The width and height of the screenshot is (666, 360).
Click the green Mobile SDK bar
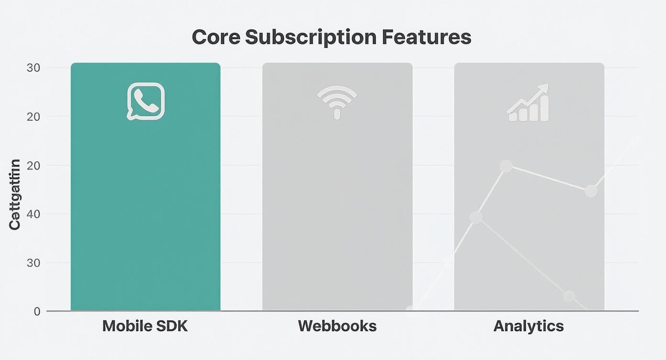click(x=145, y=201)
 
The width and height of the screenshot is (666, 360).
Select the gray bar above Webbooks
click(x=337, y=201)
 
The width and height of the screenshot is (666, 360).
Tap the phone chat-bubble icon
click(x=145, y=101)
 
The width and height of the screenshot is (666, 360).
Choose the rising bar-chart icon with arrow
click(x=528, y=103)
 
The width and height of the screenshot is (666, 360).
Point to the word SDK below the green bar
click(x=172, y=326)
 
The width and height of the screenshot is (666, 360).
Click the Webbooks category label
click(x=337, y=326)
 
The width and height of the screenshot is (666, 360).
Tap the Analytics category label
click(x=529, y=326)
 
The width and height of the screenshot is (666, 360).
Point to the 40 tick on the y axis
click(x=33, y=214)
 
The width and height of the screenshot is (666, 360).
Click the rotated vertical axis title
click(x=15, y=194)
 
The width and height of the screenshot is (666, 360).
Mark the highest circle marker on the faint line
click(x=506, y=166)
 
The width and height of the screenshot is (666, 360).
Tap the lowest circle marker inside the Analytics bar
click(x=569, y=296)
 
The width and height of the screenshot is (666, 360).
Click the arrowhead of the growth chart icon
click(x=544, y=88)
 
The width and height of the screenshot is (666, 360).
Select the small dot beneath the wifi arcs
click(x=337, y=114)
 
